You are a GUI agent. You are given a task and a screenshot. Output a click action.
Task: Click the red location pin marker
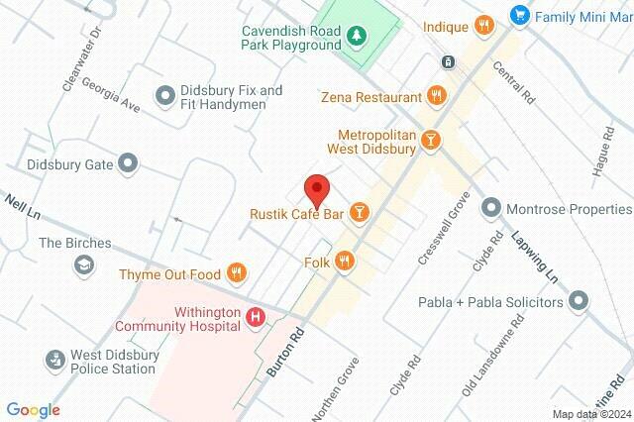pos(316,188)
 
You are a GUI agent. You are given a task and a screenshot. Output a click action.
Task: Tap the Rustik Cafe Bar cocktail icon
pos(360,212)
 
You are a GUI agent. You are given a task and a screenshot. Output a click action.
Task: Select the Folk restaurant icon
pos(345,261)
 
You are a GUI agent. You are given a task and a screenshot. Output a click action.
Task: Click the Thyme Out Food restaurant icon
pos(236,272)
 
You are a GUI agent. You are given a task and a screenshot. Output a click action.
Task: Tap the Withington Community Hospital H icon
pos(256,317)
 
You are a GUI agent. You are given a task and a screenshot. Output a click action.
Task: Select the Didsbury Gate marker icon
pos(128,163)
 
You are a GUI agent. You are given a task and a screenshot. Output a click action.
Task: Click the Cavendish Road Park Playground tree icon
pos(356,38)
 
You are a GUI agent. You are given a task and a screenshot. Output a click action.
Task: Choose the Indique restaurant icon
pos(484,26)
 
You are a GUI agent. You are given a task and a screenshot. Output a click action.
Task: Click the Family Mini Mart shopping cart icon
pos(518,16)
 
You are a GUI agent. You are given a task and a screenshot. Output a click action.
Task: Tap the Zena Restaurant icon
pos(437,96)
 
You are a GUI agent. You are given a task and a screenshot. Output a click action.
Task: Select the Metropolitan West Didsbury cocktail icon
pos(430,141)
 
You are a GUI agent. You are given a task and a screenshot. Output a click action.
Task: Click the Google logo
pos(33,409)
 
